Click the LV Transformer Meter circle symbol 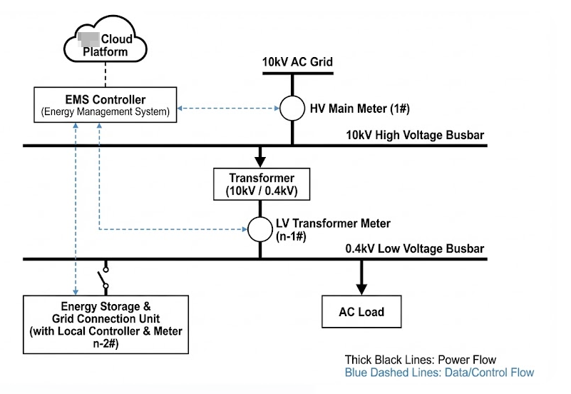(260, 229)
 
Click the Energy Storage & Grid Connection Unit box (106, 324)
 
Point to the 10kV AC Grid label (297, 63)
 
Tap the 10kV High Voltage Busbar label (416, 134)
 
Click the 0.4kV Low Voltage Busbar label (416, 248)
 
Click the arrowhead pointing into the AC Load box (361, 288)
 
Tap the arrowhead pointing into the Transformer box (261, 159)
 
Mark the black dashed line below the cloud (106, 74)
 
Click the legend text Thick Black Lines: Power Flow (420, 360)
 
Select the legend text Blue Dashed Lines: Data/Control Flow (439, 373)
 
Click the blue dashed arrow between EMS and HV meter (227, 108)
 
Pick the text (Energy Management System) (104, 112)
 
